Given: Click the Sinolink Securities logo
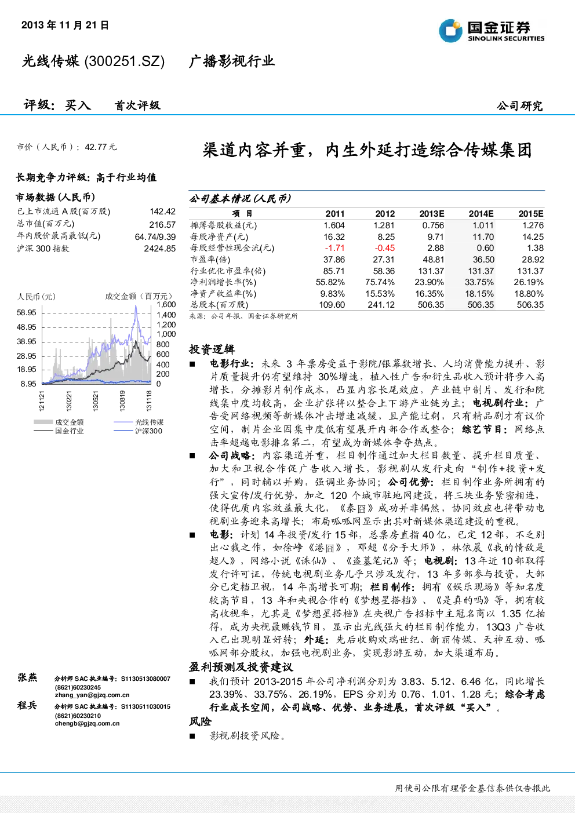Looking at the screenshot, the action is click(492, 31).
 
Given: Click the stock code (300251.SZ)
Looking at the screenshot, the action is click(125, 61).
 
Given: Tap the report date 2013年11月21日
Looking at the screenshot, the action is click(65, 25).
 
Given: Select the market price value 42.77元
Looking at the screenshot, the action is click(100, 147).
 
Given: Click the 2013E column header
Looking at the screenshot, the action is click(432, 214).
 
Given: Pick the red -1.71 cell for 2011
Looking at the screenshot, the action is click(334, 248).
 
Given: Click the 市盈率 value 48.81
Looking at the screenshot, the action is click(434, 260).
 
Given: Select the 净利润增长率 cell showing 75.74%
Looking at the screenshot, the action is click(380, 282).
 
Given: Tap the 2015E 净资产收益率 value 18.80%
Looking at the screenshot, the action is click(529, 294).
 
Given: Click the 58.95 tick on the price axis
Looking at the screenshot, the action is click(27, 312).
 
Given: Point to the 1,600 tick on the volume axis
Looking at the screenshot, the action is click(166, 304).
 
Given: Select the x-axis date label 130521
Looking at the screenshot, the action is click(96, 400).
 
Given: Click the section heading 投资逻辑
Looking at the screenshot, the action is click(212, 349).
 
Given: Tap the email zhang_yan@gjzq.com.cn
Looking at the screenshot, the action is click(92, 695).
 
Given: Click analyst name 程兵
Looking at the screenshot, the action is click(27, 705).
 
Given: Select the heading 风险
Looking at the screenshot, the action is click(200, 721).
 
